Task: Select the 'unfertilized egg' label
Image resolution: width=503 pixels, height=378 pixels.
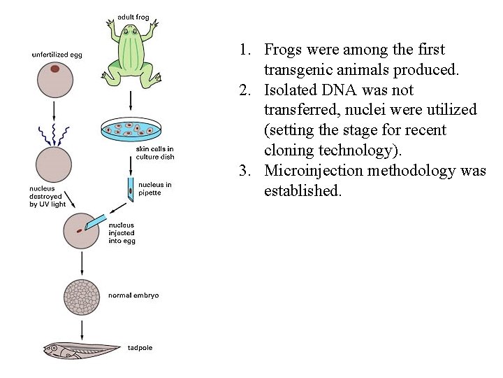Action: (x=57, y=55)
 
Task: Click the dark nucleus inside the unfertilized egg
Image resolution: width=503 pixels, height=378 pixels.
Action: (x=54, y=69)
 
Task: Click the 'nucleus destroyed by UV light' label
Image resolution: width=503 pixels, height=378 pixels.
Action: (x=48, y=196)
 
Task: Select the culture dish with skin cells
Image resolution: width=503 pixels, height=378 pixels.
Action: (x=131, y=129)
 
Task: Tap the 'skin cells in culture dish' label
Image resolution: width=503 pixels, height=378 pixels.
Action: (x=155, y=153)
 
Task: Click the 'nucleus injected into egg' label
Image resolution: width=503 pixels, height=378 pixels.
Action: (x=122, y=232)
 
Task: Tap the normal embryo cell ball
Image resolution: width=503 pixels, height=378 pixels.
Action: (x=82, y=297)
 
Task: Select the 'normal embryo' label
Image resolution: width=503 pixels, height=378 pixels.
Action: (x=133, y=295)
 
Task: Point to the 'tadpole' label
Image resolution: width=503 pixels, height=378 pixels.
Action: (x=140, y=346)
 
